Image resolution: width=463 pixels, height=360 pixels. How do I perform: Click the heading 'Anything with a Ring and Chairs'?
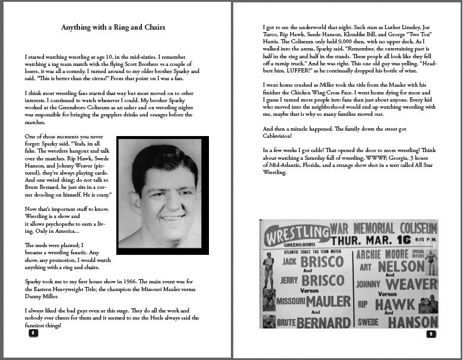tap(113, 27)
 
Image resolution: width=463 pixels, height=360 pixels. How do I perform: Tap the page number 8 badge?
tap(33, 333)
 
